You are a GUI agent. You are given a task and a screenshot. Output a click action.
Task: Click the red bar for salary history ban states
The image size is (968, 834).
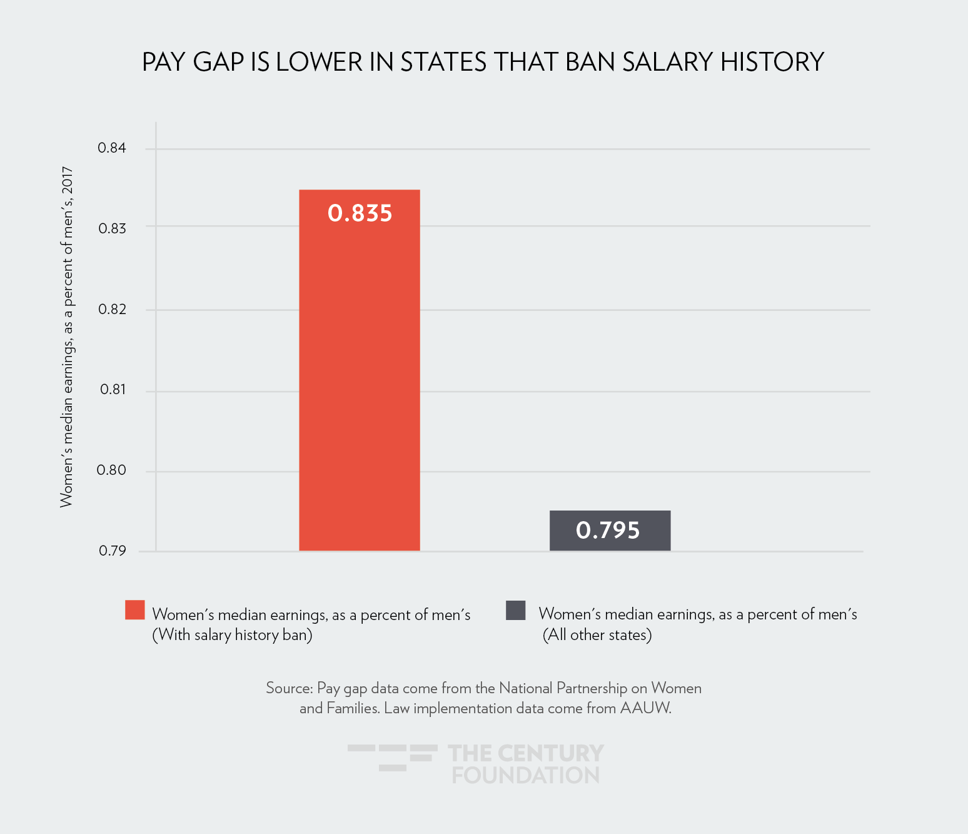360,375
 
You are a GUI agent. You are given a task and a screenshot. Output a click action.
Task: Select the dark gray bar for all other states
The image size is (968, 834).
610,531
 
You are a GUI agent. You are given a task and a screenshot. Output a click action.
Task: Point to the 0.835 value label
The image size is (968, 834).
360,213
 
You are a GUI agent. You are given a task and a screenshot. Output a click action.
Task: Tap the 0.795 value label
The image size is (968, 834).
608,531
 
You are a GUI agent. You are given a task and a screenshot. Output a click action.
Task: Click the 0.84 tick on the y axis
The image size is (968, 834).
112,148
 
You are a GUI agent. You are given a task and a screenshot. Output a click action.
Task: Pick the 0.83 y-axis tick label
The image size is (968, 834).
112,228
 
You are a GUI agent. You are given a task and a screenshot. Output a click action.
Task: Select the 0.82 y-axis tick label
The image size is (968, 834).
112,309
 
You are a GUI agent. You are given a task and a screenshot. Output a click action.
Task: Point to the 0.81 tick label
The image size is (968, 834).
113,389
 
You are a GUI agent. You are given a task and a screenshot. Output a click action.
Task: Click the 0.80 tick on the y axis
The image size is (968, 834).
111,470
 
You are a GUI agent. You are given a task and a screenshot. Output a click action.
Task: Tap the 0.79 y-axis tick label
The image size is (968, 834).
112,551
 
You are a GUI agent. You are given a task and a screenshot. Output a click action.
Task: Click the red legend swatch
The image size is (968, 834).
135,610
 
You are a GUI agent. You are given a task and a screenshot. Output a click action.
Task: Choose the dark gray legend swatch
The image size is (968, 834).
516,610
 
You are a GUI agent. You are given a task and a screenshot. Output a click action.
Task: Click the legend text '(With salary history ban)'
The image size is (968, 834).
233,635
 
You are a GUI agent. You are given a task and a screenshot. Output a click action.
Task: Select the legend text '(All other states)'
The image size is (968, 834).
597,635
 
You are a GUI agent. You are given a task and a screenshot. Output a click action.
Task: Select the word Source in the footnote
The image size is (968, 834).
289,688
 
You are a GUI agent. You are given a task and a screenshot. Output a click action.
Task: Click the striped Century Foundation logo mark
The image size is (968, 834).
393,757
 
